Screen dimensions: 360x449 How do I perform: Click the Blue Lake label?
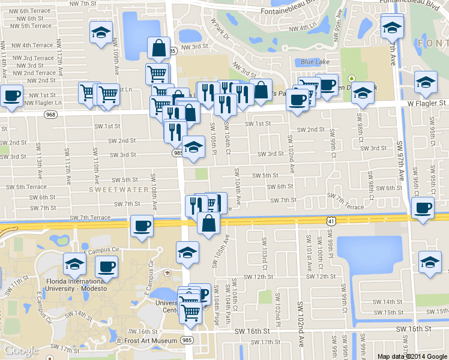pyautogui.click(x=313, y=62)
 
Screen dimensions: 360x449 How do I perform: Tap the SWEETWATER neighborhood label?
pyautogui.click(x=118, y=190)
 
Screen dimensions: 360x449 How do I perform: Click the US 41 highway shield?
pyautogui.click(x=331, y=221)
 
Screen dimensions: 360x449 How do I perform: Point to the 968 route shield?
pyautogui.click(x=50, y=114)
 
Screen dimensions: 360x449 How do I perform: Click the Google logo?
pyautogui.click(x=22, y=350)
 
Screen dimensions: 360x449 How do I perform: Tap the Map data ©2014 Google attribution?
pyautogui.click(x=412, y=356)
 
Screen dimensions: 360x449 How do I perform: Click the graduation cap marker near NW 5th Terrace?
pyautogui.click(x=101, y=33)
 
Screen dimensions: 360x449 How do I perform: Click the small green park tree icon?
pyautogui.click(x=354, y=77)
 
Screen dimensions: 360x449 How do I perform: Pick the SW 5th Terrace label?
pyautogui.click(x=23, y=187)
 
